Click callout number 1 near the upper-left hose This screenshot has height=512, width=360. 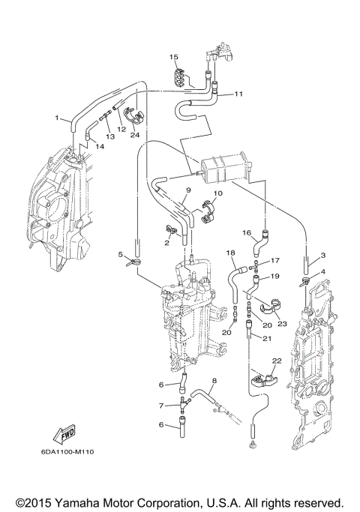(x=56, y=118)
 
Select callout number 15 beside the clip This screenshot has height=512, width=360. (x=172, y=57)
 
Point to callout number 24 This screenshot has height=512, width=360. (x=135, y=135)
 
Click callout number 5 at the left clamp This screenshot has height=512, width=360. (x=120, y=255)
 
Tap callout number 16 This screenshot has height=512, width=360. (x=246, y=233)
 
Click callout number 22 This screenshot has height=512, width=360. (x=276, y=361)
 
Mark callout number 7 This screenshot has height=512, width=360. (x=160, y=406)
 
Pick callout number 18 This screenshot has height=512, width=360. (x=231, y=253)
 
